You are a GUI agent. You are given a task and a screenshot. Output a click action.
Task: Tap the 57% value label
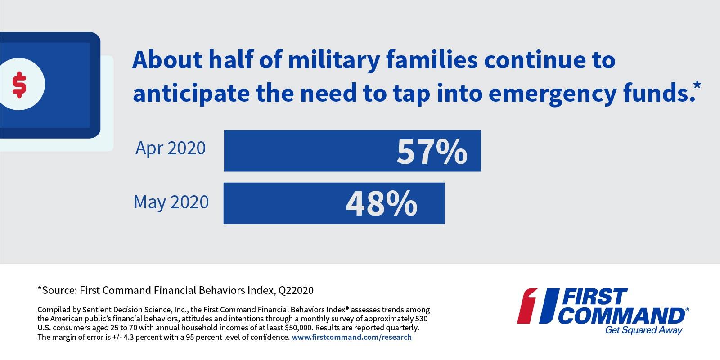[432, 152]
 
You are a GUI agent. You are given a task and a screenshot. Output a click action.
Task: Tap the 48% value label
[381, 203]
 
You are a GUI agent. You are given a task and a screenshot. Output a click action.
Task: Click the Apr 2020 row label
[171, 148]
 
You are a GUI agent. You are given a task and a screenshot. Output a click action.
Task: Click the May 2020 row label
[171, 202]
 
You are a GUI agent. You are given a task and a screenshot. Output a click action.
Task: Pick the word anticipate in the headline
[190, 93]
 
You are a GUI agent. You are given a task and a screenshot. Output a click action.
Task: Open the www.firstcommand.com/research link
[351, 337]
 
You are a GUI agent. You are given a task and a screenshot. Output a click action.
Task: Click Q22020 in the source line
[296, 290]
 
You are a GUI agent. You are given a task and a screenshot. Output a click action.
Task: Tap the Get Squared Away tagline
[643, 331]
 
